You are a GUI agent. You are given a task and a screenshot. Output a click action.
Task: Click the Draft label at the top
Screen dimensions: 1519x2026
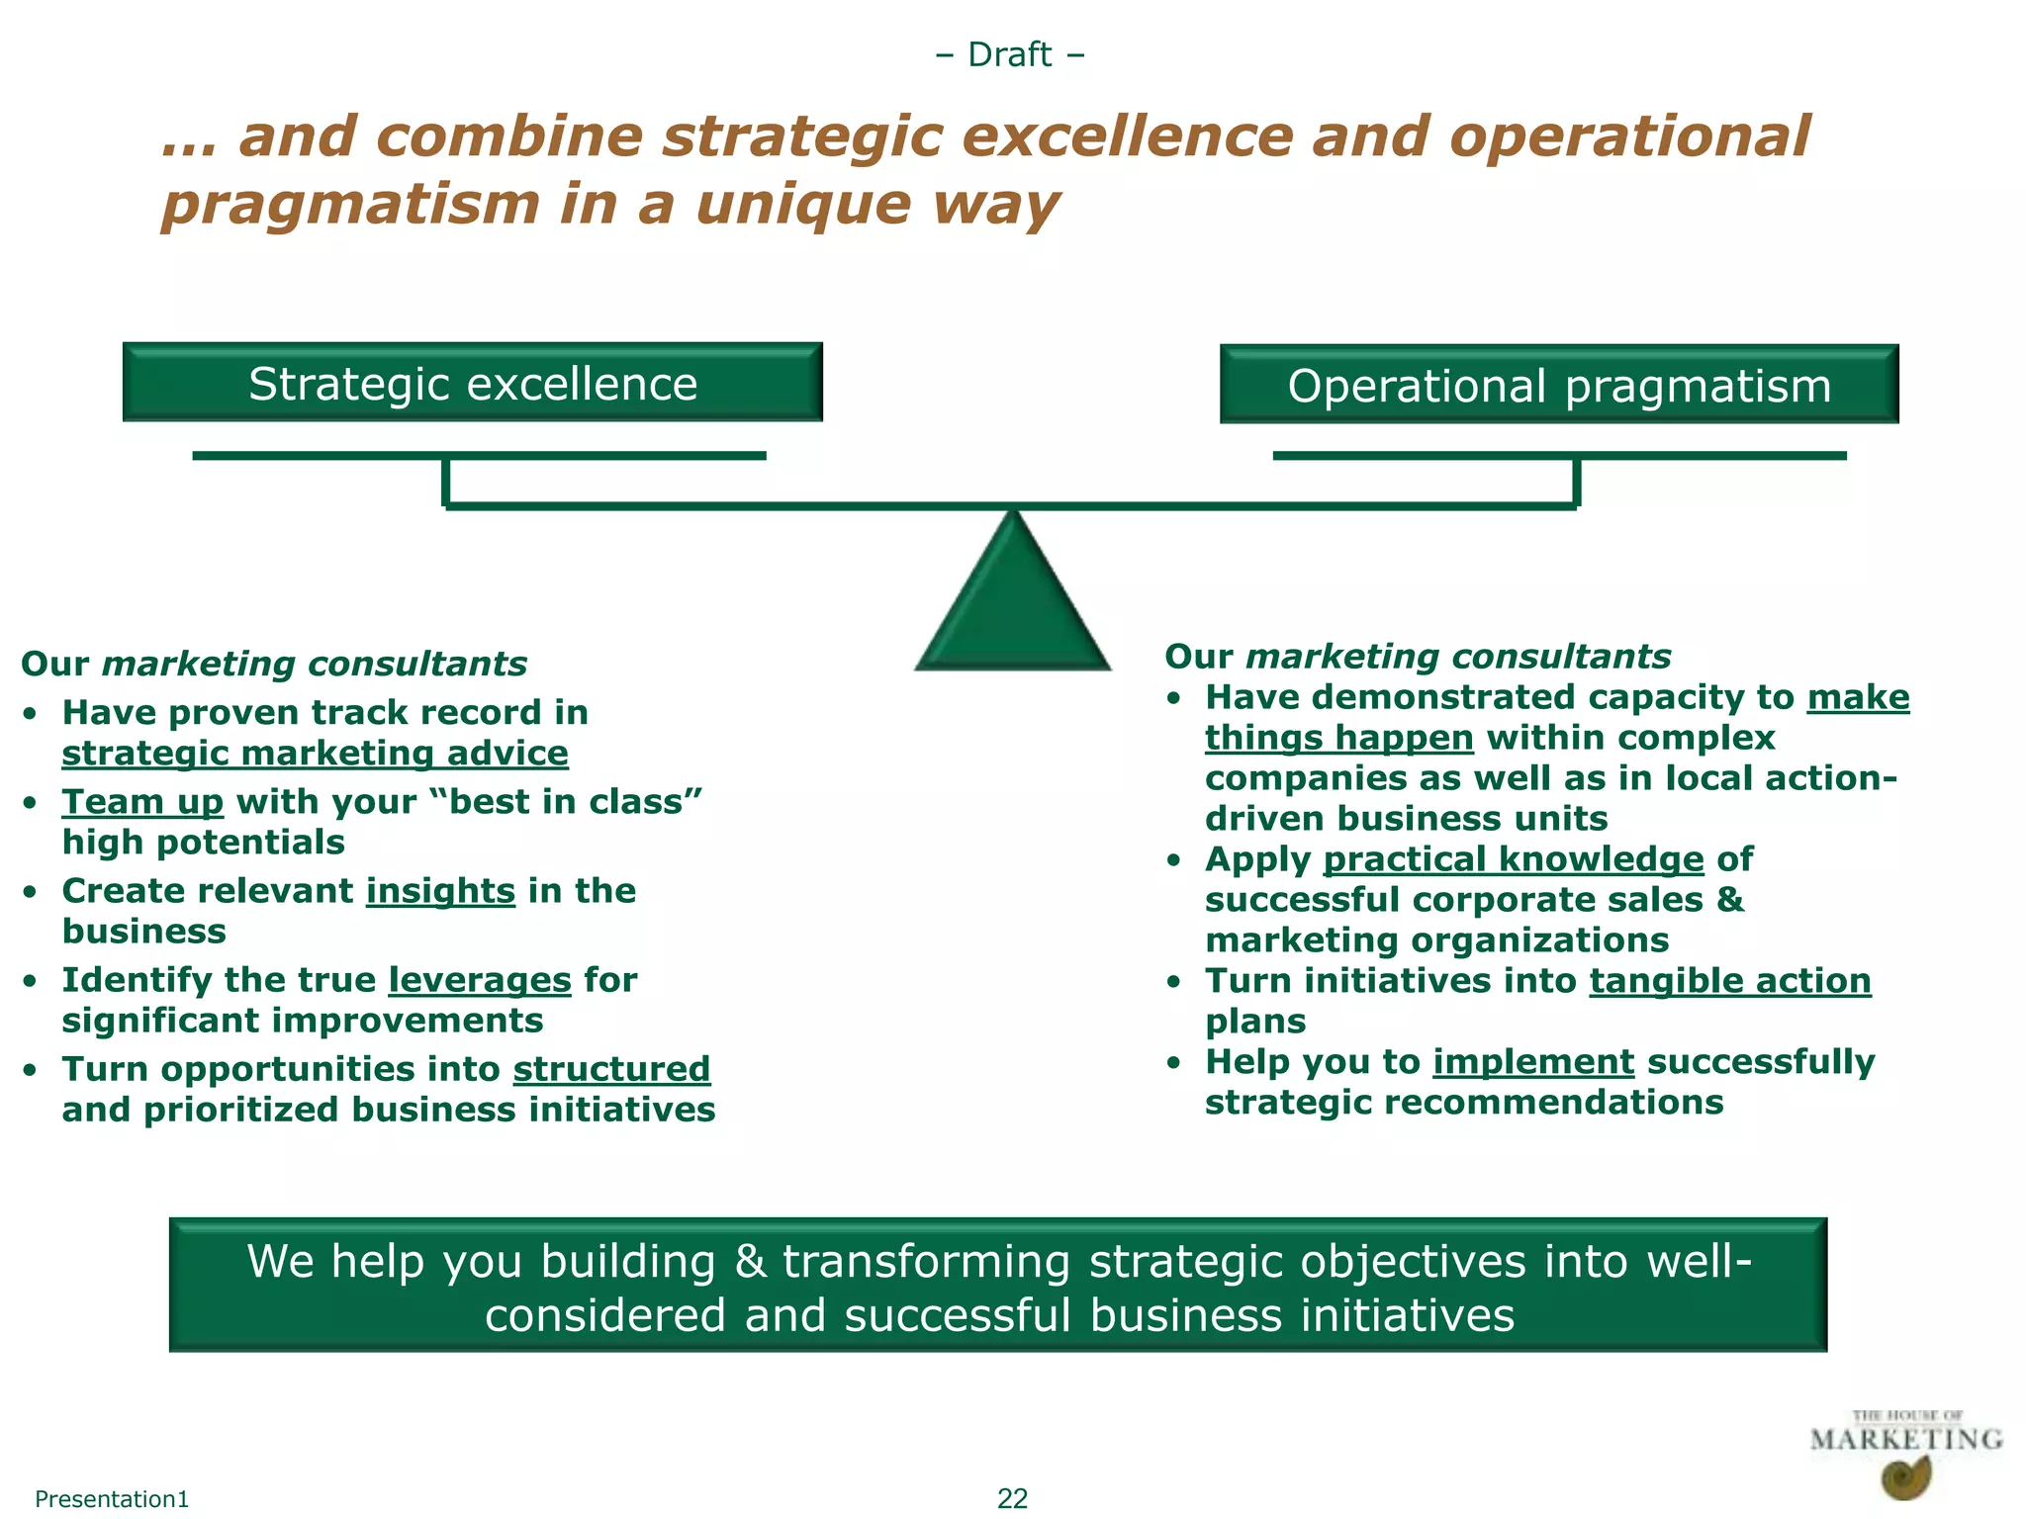(1010, 54)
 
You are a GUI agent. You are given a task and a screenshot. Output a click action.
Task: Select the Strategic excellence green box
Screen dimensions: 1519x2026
(473, 383)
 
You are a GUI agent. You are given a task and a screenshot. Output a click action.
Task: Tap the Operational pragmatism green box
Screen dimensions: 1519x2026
(1559, 385)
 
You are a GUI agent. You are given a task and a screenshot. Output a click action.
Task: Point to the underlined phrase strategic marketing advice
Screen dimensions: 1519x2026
(315, 754)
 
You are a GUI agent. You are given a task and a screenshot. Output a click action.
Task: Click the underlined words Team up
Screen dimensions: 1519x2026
(142, 802)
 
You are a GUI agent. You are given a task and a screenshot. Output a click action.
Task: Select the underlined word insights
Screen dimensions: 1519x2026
(440, 891)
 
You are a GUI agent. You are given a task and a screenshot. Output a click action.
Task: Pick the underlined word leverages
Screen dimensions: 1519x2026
(480, 980)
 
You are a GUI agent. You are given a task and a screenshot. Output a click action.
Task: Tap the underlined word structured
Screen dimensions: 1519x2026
(611, 1069)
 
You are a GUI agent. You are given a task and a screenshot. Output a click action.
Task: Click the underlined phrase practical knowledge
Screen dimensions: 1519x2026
(1514, 859)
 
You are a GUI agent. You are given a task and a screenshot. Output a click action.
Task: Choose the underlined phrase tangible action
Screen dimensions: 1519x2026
(1730, 981)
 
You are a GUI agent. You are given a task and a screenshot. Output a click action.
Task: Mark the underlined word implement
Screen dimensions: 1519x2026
(1533, 1062)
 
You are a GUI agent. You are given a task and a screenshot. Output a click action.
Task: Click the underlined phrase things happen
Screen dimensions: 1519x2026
(1339, 738)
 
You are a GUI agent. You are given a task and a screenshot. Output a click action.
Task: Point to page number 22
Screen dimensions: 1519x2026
(1012, 1498)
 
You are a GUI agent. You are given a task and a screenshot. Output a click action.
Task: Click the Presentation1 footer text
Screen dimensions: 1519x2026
(112, 1499)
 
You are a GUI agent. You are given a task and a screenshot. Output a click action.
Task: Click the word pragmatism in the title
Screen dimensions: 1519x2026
(351, 205)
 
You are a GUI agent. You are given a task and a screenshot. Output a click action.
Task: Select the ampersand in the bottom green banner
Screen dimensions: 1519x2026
(751, 1262)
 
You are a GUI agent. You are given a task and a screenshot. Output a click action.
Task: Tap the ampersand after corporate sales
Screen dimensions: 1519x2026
(1731, 900)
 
